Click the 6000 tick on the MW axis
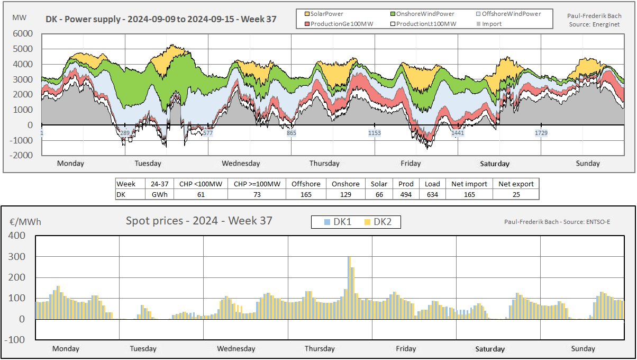(23, 33)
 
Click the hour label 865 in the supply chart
(292, 133)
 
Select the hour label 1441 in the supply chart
(458, 133)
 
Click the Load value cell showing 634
(432, 194)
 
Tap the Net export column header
(515, 184)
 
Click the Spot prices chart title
(198, 221)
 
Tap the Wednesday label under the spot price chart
(236, 349)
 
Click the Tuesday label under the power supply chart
(148, 164)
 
